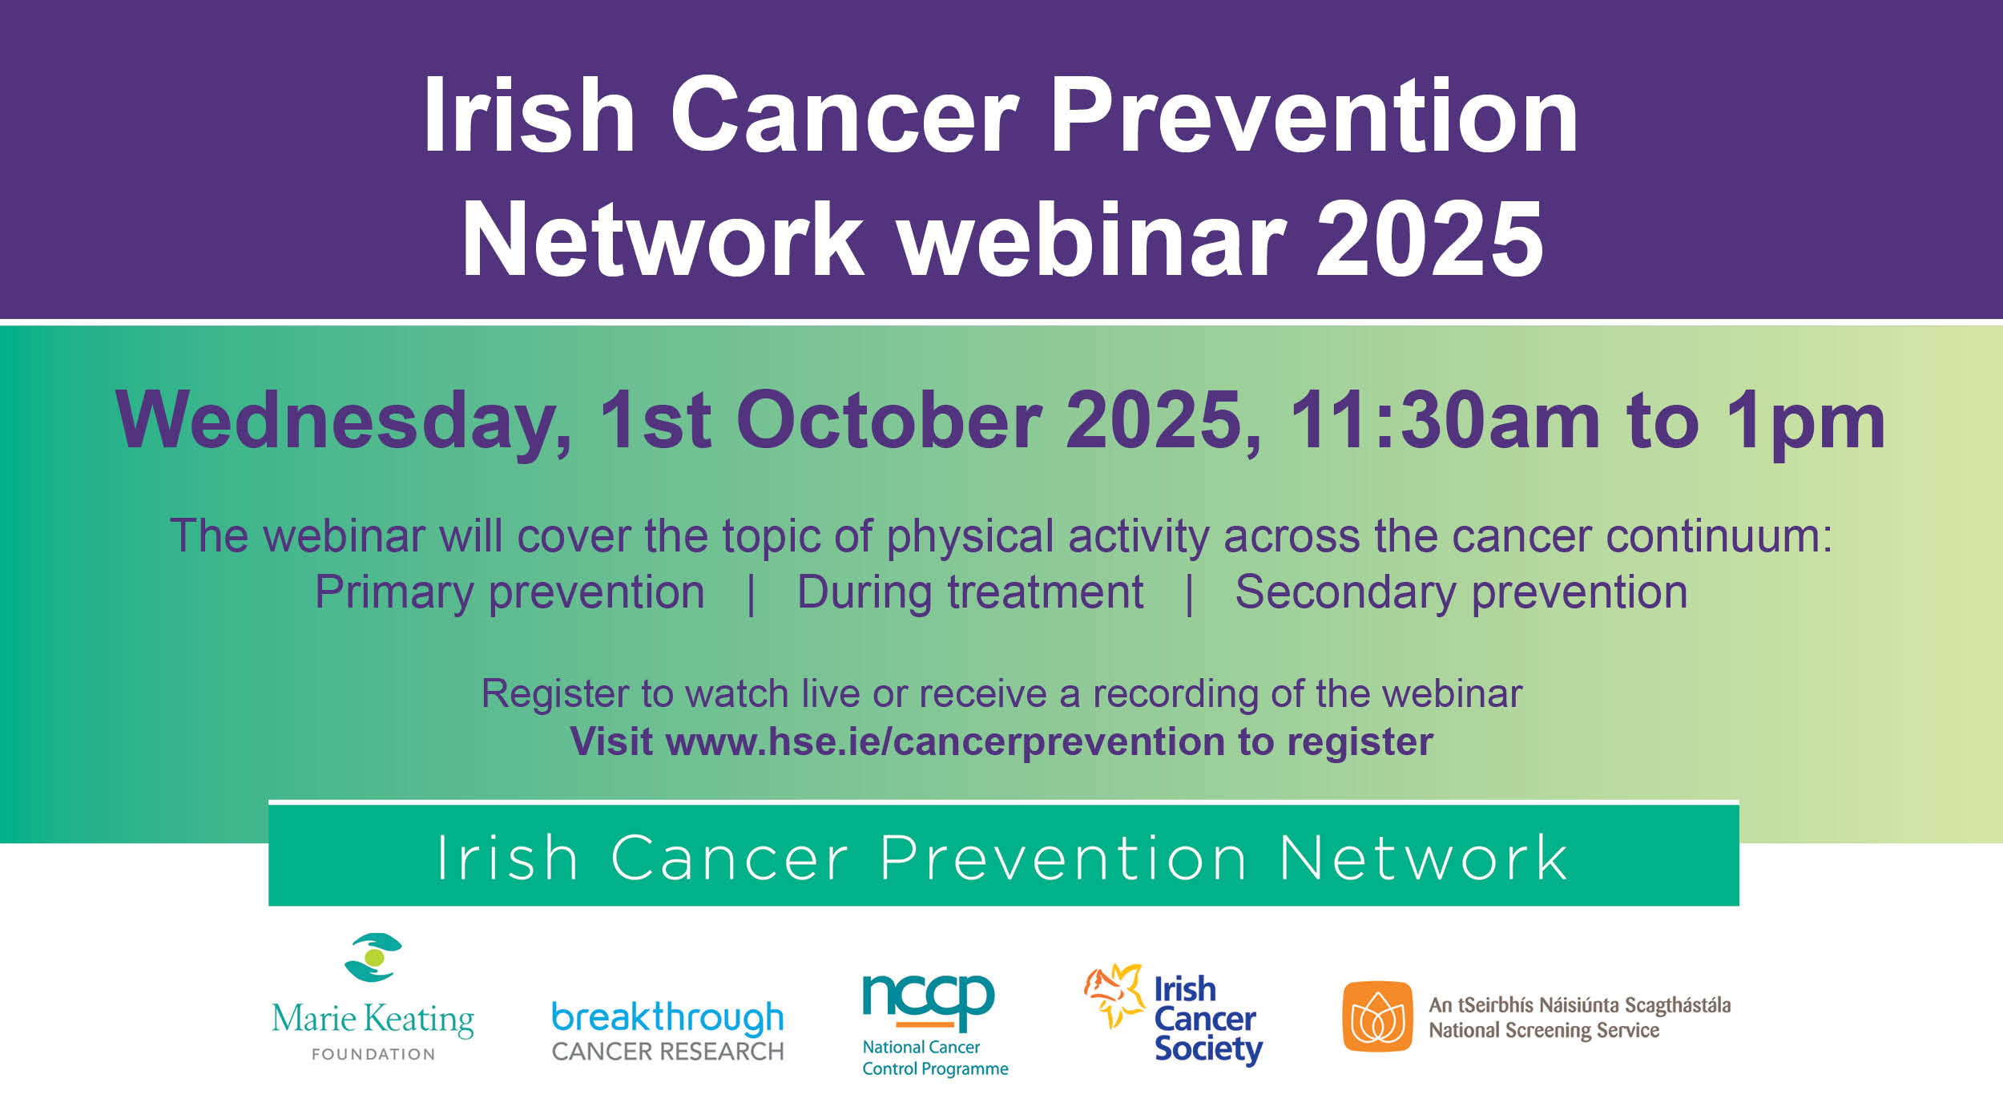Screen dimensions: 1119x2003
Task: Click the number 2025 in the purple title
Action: (1430, 240)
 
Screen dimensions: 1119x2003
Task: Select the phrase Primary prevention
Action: (510, 592)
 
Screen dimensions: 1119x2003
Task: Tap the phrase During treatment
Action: (969, 592)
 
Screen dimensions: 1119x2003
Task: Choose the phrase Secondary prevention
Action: (1461, 592)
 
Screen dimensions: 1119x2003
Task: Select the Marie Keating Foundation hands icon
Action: (373, 957)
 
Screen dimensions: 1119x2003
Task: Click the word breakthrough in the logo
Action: (667, 1017)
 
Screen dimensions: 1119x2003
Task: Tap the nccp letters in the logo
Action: (928, 998)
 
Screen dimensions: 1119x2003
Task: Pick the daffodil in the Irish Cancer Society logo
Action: (1114, 994)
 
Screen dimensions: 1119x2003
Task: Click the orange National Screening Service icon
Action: (1377, 1016)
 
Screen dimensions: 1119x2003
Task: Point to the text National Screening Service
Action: (1543, 1030)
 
